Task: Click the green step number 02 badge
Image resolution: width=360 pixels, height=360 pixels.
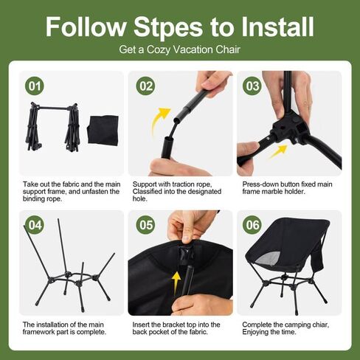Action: click(x=145, y=86)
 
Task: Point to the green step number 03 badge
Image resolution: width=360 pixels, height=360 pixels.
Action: click(x=253, y=86)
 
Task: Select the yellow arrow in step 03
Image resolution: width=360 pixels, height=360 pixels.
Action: click(x=278, y=151)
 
